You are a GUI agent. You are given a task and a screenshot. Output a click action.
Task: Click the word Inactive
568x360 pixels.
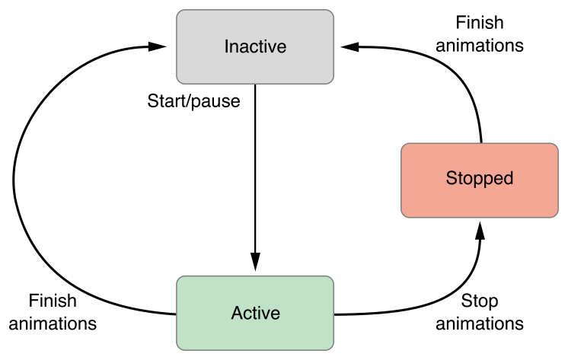[255, 46]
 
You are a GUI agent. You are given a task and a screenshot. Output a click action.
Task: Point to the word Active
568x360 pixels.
[255, 313]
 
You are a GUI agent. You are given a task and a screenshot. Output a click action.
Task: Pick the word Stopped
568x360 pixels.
[480, 179]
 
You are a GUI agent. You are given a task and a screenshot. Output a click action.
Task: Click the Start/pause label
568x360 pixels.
[193, 101]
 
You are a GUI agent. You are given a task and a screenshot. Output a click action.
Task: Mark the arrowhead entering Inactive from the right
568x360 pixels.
[350, 46]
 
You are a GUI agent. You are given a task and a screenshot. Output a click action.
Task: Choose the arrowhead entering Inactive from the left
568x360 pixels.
[158, 46]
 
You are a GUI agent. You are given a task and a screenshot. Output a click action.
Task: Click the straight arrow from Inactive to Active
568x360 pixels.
[255, 175]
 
